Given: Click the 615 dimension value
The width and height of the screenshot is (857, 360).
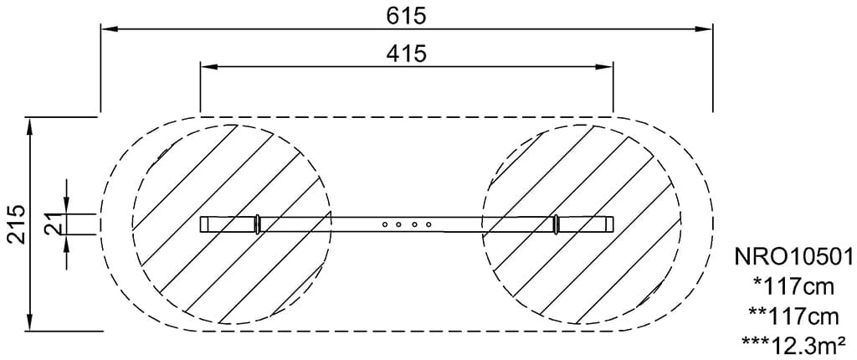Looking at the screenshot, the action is point(406,16).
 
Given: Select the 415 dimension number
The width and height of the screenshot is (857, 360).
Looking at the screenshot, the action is point(406,54).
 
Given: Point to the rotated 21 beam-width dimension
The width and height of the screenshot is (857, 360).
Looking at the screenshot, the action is point(53,224).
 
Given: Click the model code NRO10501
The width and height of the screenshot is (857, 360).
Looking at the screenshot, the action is point(794,256).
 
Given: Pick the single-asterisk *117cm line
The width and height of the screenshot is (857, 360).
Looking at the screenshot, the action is point(794,286).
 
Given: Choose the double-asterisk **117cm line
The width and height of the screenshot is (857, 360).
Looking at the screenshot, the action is point(794,316).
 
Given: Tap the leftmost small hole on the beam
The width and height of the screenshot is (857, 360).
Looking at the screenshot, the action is point(385,224).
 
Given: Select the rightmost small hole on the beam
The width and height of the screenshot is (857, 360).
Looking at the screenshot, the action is point(428,224).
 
